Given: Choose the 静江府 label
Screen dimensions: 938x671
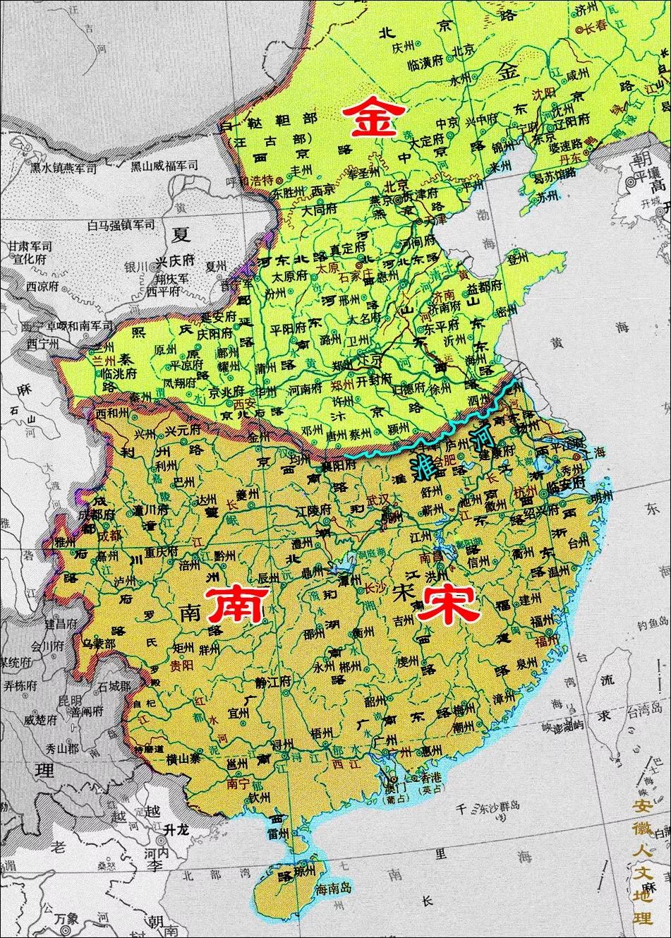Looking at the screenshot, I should coord(270,683).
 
